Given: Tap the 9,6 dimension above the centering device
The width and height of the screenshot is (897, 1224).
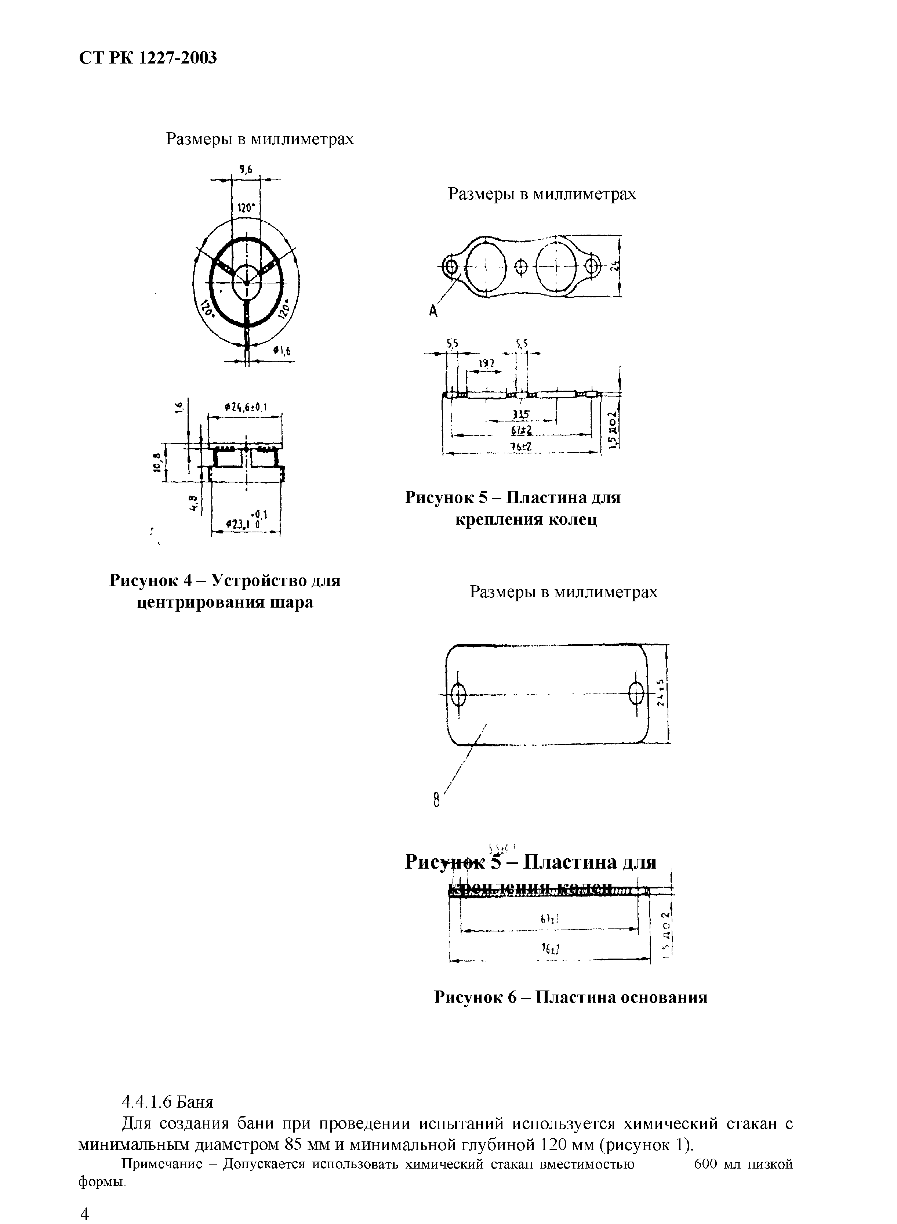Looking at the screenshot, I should pos(246,170).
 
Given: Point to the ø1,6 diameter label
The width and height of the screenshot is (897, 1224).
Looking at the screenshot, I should pos(282,351).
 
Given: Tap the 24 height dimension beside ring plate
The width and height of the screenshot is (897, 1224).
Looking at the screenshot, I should pos(614,266).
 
